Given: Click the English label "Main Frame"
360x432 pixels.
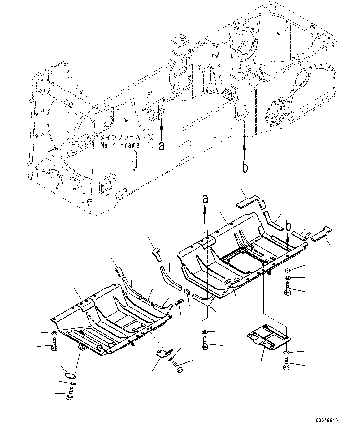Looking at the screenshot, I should pyautogui.click(x=119, y=145).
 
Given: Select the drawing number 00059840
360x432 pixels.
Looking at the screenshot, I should pyautogui.click(x=327, y=421).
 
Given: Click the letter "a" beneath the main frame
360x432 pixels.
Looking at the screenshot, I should pyautogui.click(x=162, y=146).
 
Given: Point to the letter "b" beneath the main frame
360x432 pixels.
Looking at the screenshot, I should pyautogui.click(x=245, y=167).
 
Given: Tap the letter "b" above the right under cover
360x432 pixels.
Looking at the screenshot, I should pyautogui.click(x=288, y=226).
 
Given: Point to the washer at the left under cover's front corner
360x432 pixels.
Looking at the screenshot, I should pyautogui.click(x=54, y=333).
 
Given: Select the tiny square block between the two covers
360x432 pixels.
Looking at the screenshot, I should pyautogui.click(x=187, y=291).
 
